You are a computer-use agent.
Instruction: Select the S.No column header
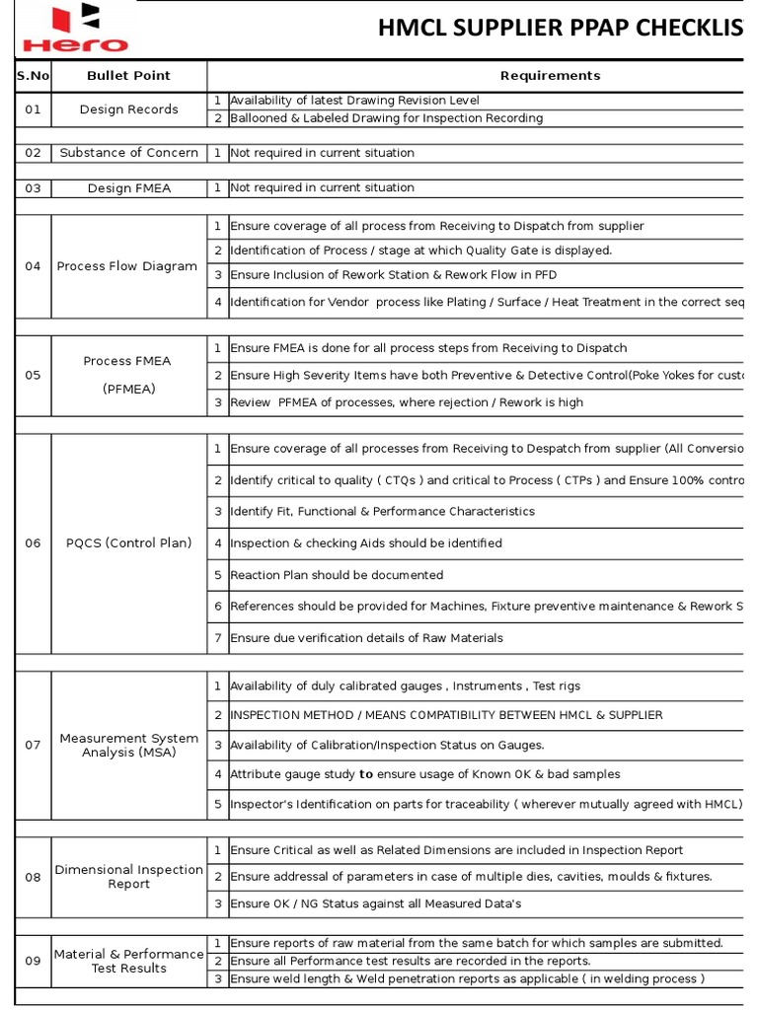tap(33, 75)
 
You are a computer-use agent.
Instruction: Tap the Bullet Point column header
tap(128, 75)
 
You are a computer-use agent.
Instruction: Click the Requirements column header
tap(550, 75)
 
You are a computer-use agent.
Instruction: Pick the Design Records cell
tap(128, 109)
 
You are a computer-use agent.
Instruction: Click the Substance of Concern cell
tap(128, 153)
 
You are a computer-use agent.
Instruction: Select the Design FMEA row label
tap(128, 187)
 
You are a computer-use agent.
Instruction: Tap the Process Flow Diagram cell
tap(127, 266)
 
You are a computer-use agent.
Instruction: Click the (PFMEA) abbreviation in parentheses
tap(128, 389)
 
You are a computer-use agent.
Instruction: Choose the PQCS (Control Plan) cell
tap(128, 543)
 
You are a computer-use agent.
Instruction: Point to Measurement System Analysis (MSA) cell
tap(128, 746)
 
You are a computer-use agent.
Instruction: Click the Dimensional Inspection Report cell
tap(128, 877)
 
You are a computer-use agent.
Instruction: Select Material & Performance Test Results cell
tap(128, 961)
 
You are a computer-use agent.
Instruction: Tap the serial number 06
tap(33, 543)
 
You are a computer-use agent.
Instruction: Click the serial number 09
tap(33, 961)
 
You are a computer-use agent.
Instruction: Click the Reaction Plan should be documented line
tap(337, 575)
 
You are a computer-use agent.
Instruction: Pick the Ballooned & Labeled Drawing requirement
tap(386, 118)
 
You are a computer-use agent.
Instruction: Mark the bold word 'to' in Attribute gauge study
tap(366, 775)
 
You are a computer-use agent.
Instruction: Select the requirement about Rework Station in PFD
tap(408, 275)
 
